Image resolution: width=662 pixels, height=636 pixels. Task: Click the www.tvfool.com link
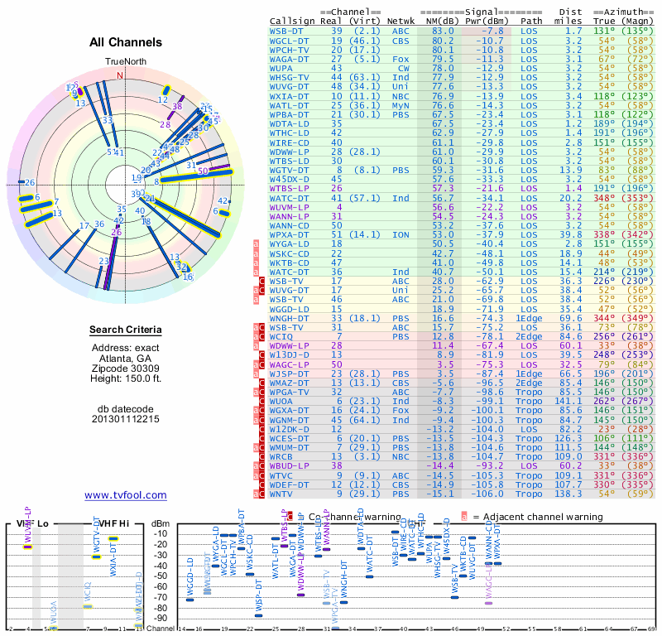(125, 495)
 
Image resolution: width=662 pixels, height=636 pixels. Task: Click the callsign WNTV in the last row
(283, 494)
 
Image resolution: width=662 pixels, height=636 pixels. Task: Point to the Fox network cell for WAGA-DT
(401, 59)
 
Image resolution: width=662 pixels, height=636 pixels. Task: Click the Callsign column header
(293, 21)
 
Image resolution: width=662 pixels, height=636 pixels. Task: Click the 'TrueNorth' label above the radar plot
(125, 61)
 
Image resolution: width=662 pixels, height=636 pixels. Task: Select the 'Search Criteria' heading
(125, 330)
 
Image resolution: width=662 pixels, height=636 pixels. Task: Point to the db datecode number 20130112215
(125, 418)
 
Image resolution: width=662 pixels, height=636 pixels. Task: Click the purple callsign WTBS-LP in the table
(290, 189)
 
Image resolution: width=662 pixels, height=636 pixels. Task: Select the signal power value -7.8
(491, 31)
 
